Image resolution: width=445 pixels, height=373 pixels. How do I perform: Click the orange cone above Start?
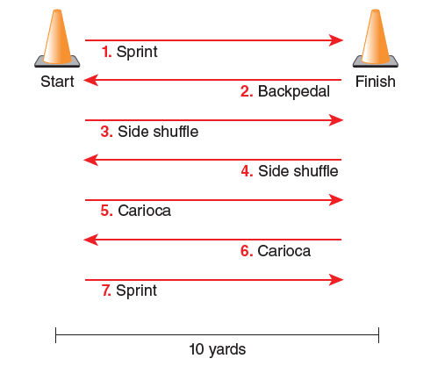pos(57,38)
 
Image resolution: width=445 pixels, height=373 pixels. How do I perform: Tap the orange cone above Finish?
pos(376,38)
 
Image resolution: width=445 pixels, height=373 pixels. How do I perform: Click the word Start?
pos(57,82)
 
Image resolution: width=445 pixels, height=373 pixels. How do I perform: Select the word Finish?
pos(376,82)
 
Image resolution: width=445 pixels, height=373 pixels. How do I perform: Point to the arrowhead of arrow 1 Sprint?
pos(336,40)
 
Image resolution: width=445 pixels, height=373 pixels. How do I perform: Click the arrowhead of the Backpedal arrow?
pos(90,80)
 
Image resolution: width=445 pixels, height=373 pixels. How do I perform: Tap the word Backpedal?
pos(294,91)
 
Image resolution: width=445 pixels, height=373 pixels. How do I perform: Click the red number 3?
pos(106,132)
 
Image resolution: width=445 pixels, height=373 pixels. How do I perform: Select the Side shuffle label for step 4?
pos(298,171)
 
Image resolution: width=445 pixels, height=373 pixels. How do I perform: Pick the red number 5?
pos(106,211)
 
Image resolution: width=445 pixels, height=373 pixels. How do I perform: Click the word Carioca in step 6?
pos(284,251)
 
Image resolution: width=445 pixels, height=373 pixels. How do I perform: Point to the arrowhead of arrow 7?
pos(336,280)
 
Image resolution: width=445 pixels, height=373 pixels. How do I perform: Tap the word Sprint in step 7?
pos(136,291)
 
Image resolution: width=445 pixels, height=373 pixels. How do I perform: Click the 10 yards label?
pos(218,349)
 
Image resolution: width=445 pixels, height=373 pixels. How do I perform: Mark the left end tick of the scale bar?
pos(55,335)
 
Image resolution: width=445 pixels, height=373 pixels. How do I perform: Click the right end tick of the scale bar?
pos(378,335)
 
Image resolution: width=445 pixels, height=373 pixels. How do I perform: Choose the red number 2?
pos(247,91)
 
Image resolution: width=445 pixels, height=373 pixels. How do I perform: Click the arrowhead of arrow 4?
pos(90,160)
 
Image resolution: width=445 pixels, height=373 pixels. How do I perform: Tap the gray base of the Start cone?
pos(57,62)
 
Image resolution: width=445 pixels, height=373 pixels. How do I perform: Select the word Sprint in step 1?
pos(137,52)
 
